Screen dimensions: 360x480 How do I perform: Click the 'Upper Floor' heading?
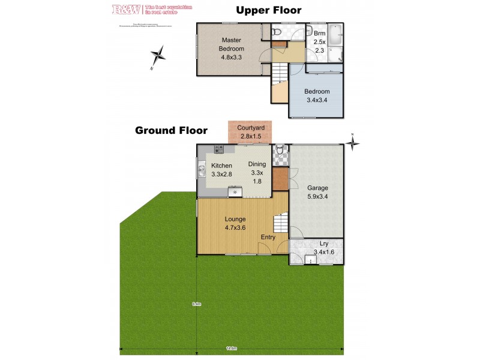coord(268,10)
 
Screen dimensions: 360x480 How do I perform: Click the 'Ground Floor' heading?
coord(171,130)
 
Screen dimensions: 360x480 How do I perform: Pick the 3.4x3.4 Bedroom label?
coord(317,96)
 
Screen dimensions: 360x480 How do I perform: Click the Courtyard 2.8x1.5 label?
coord(251,132)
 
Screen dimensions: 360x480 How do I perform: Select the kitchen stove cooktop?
coord(220,149)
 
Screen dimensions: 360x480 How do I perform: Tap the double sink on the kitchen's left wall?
coord(202,170)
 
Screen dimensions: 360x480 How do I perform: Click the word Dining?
coord(257,164)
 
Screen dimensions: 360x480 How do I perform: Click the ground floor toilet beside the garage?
coord(280,149)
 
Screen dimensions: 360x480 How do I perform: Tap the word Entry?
coord(268,237)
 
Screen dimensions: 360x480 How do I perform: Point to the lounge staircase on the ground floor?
coord(280,224)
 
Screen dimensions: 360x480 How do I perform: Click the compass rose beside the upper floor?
coord(158,58)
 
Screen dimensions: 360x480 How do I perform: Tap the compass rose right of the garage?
coord(353,142)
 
